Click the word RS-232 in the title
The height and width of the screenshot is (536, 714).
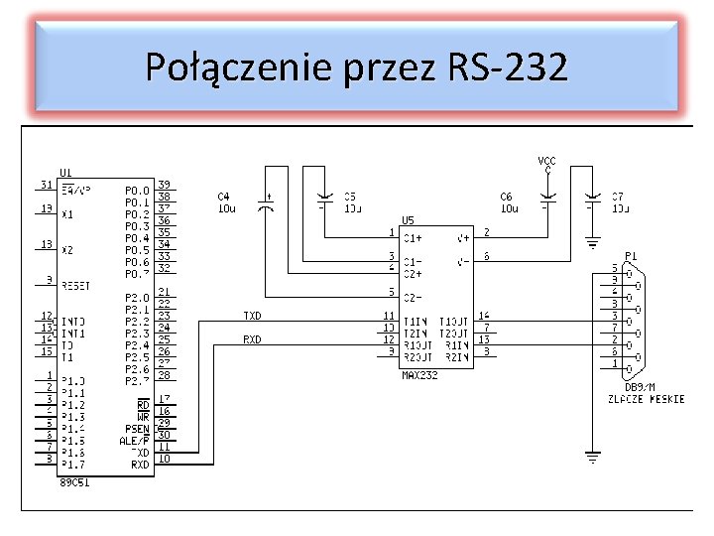508,67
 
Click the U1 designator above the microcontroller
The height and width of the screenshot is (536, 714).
65,172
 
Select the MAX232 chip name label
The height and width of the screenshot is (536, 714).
419,375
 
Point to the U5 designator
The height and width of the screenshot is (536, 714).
408,220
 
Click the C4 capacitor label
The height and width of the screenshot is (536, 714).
224,197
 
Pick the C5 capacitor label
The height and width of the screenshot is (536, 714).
349,197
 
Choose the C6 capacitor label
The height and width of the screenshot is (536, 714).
507,197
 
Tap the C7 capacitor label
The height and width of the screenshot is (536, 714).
617,197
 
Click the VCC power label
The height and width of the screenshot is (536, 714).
546,161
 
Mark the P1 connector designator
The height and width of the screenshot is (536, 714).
631,255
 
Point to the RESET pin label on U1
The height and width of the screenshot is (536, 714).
75,285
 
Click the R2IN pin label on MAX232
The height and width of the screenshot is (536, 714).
457,356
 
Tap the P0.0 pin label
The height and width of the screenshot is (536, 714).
137,190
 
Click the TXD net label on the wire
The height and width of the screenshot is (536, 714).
253,315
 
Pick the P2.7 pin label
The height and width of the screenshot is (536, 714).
137,380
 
